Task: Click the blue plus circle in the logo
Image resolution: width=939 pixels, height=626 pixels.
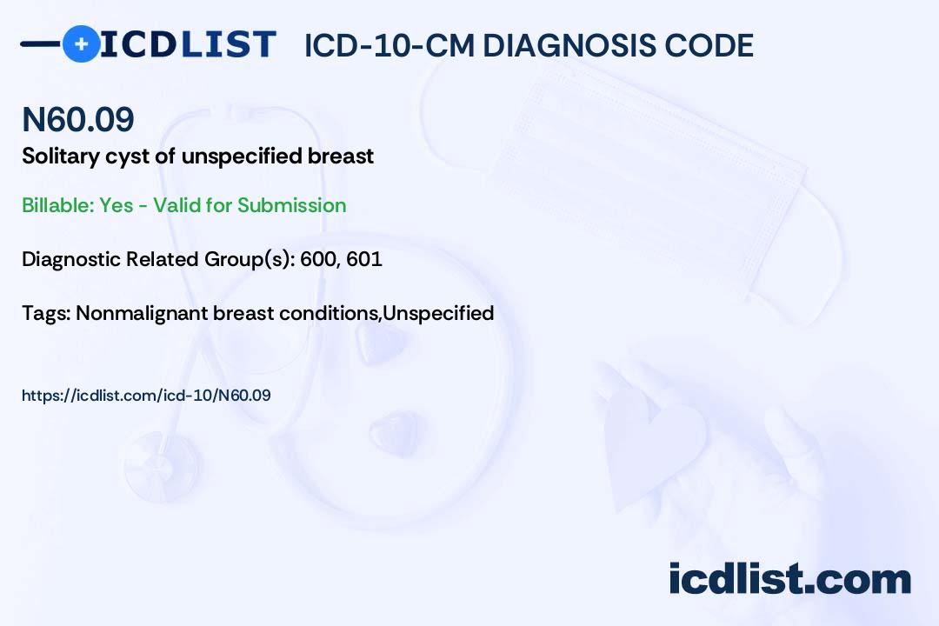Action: (x=81, y=43)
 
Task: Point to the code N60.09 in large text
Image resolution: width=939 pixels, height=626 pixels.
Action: (x=77, y=120)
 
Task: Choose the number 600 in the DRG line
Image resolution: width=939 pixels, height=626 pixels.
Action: (x=318, y=259)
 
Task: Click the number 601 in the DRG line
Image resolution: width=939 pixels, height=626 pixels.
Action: (x=364, y=259)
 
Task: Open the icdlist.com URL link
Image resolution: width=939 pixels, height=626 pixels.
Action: (x=146, y=396)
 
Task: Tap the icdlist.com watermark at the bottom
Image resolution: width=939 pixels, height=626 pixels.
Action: (x=789, y=579)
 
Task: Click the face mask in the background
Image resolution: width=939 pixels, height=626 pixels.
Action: (x=661, y=156)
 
